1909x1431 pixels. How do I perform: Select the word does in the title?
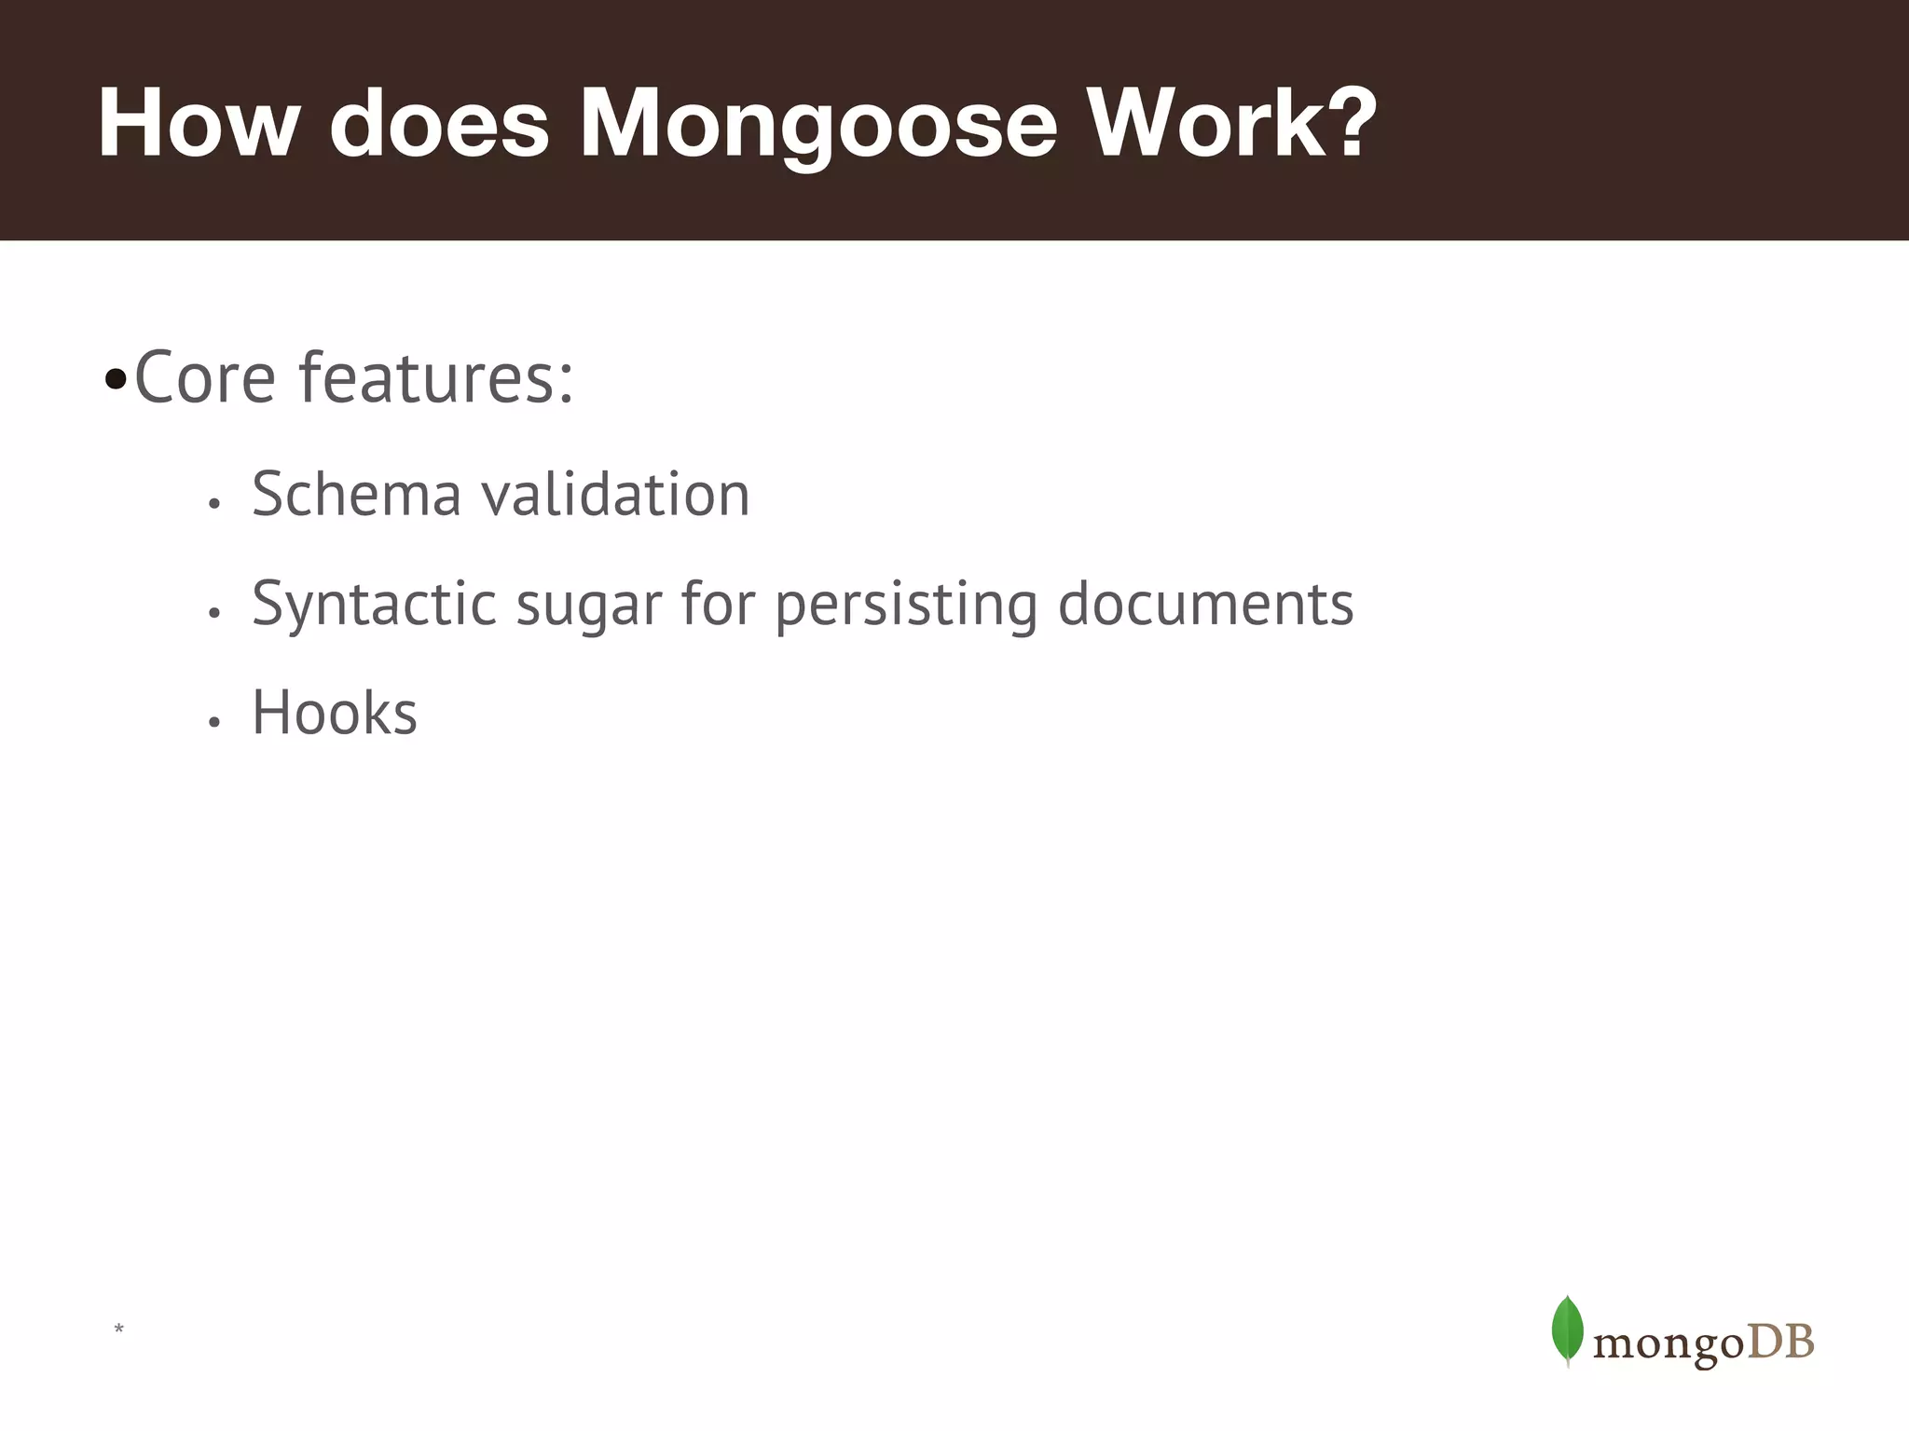tap(439, 124)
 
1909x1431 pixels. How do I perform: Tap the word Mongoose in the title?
tap(818, 124)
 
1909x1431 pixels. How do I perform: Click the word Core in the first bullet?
tap(205, 378)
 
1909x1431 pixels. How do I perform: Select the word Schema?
tap(357, 494)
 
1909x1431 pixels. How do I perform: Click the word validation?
tap(616, 494)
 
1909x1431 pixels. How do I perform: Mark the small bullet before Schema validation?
tap(214, 504)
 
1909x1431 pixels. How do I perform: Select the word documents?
tap(1205, 604)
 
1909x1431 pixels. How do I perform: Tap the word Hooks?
tap(335, 714)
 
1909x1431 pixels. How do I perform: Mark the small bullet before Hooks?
tap(214, 722)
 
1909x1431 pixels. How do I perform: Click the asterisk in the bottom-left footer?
tap(118, 1329)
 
